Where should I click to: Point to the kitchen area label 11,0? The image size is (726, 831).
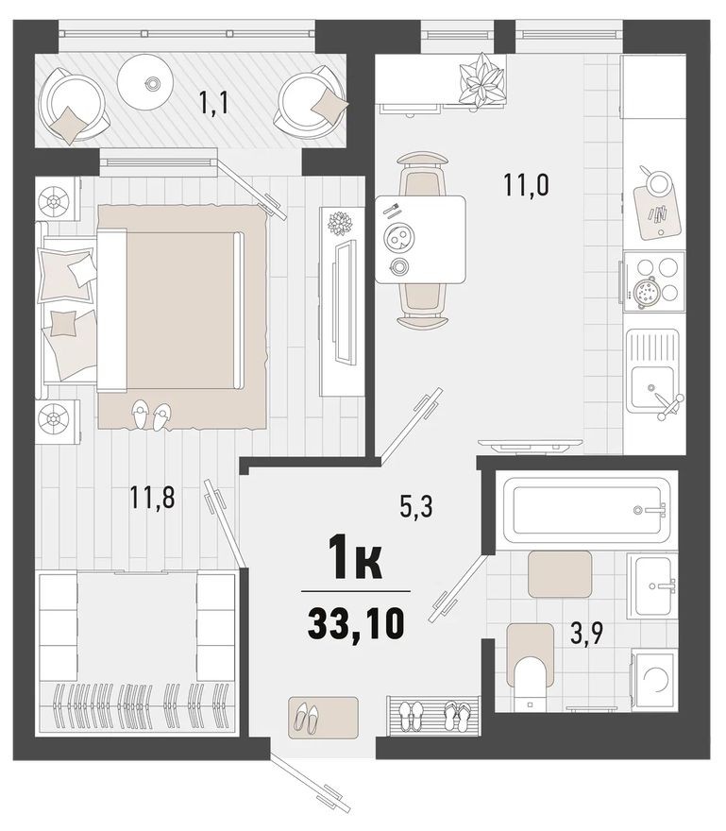pos(526,183)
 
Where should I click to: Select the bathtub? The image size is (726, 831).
pos(588,511)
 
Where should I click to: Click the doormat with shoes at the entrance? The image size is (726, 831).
pos(323,718)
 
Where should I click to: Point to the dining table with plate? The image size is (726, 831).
pos(419,238)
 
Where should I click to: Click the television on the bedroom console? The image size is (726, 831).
pos(346,301)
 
